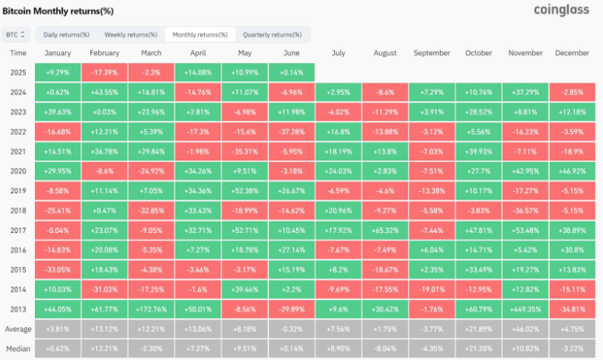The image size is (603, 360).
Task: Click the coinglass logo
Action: tap(561, 10)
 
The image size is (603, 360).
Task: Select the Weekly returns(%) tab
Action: tap(131, 34)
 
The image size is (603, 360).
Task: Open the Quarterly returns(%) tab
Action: tap(272, 34)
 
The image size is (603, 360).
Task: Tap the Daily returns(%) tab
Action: tap(66, 34)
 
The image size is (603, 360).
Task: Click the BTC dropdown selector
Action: tap(16, 34)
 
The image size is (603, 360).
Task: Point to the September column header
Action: tap(432, 53)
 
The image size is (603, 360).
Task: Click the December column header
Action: tap(572, 53)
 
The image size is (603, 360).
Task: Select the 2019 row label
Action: tap(18, 191)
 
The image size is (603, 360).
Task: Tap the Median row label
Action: tap(18, 349)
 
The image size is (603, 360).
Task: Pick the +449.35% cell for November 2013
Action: tap(525, 309)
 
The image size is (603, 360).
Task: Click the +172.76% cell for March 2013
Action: tap(151, 309)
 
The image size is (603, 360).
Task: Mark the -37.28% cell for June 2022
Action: tap(291, 132)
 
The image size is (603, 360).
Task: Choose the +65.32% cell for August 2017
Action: tap(385, 231)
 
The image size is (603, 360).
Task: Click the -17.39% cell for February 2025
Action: tap(104, 72)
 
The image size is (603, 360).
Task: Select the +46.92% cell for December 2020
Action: tap(573, 171)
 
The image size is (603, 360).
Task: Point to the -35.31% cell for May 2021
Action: tap(245, 151)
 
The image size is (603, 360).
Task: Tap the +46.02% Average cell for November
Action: tap(525, 330)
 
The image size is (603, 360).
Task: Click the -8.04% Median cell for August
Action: tap(385, 349)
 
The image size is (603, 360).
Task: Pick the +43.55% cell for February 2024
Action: tap(104, 92)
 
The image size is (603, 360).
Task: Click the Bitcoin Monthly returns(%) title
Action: tap(58, 11)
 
